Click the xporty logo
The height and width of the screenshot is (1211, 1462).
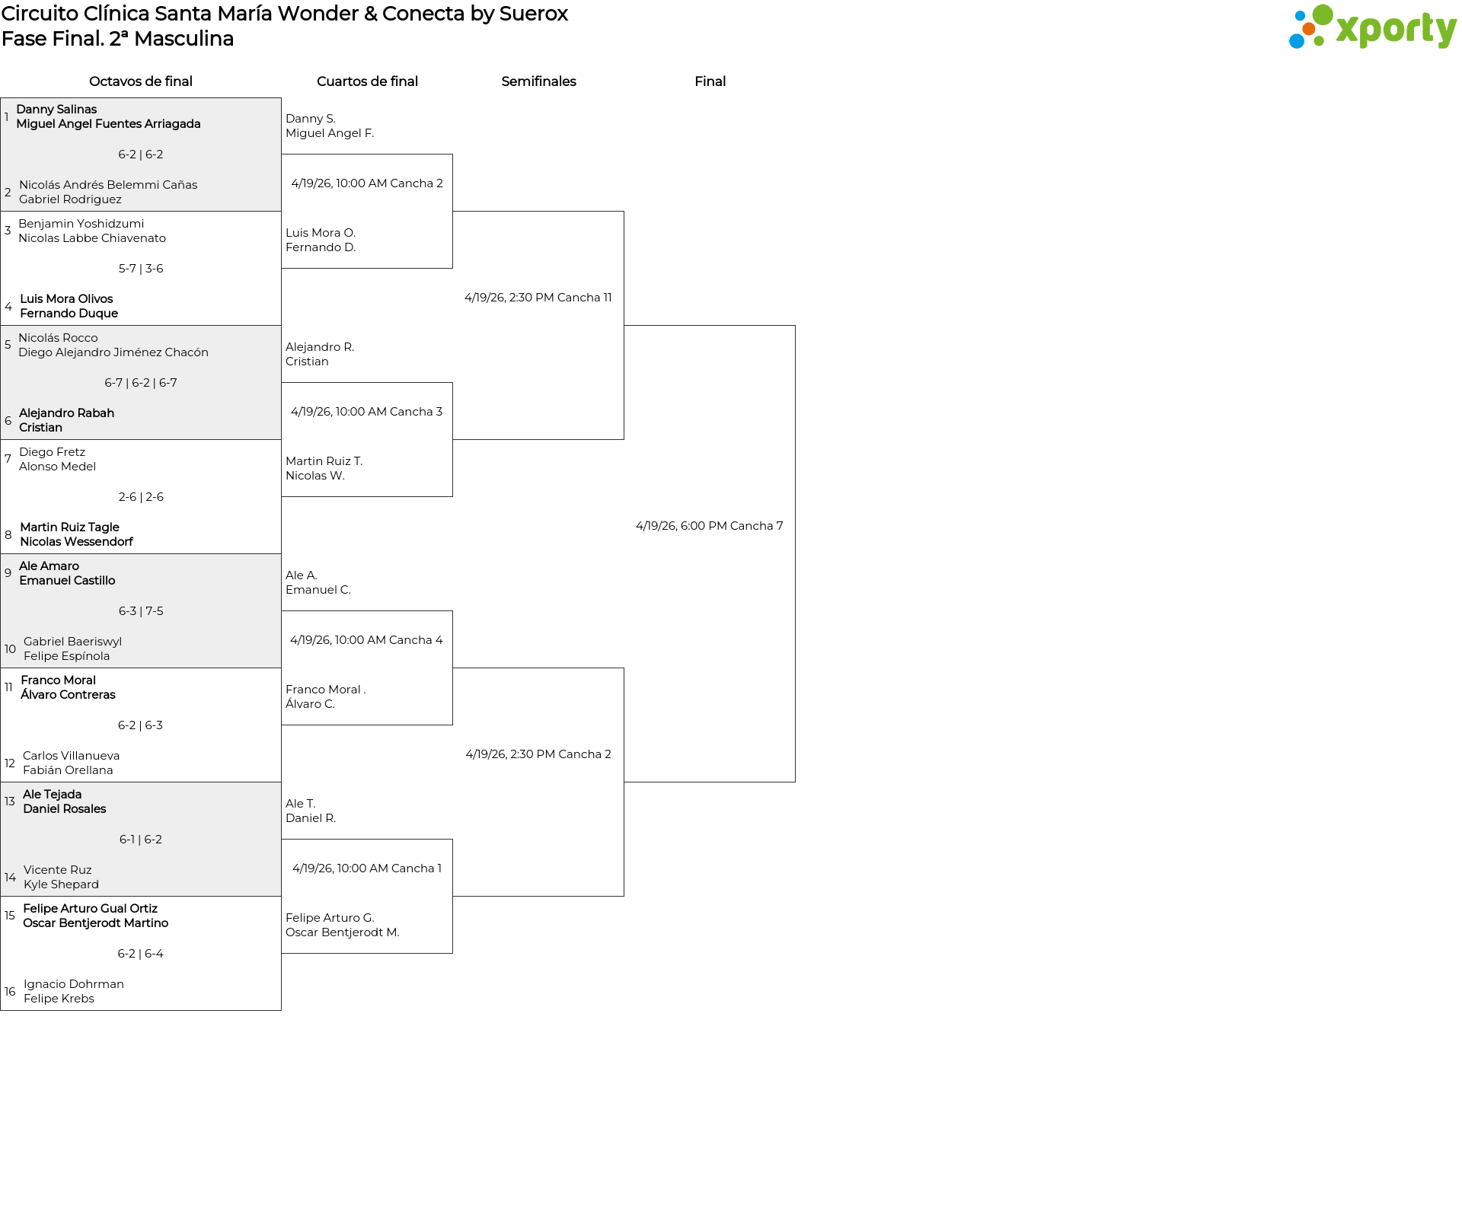coord(1372,28)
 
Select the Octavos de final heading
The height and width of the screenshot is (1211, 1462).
coord(141,81)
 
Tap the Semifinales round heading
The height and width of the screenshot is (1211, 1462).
coord(538,81)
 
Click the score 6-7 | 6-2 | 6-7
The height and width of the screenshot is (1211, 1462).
coord(141,383)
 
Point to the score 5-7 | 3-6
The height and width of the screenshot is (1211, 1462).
coord(141,269)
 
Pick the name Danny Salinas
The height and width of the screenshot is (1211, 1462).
coord(56,110)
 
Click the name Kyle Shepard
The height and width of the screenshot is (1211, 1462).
coord(61,884)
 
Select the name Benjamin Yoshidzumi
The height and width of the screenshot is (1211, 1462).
coord(81,224)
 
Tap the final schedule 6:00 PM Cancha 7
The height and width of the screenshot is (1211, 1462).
coord(709,526)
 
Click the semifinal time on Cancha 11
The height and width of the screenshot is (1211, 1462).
coord(538,298)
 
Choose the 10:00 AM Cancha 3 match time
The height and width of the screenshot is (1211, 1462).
coord(366,412)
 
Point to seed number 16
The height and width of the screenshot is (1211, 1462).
coord(10,992)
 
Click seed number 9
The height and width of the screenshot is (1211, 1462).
coord(8,573)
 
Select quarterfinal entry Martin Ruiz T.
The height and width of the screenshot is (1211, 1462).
coord(324,461)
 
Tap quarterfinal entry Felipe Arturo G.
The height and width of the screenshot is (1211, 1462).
coord(330,918)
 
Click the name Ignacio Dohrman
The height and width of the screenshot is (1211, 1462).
coord(73,984)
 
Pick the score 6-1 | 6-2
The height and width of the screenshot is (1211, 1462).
coord(141,840)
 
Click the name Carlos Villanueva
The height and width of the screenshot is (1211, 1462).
coord(71,756)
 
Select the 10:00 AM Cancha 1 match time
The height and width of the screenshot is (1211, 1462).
coord(366,868)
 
